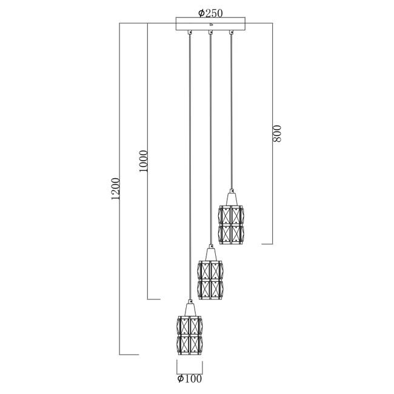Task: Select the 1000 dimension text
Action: coord(143,160)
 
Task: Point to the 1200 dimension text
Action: coord(116,189)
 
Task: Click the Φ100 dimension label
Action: coord(189,379)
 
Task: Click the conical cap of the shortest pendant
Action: coord(231,198)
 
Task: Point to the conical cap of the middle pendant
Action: coord(210,253)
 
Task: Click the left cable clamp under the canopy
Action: coord(190,33)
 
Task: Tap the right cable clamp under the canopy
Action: coord(231,33)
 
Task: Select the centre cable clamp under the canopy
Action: coord(210,33)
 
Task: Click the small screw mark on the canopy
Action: coord(211,25)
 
